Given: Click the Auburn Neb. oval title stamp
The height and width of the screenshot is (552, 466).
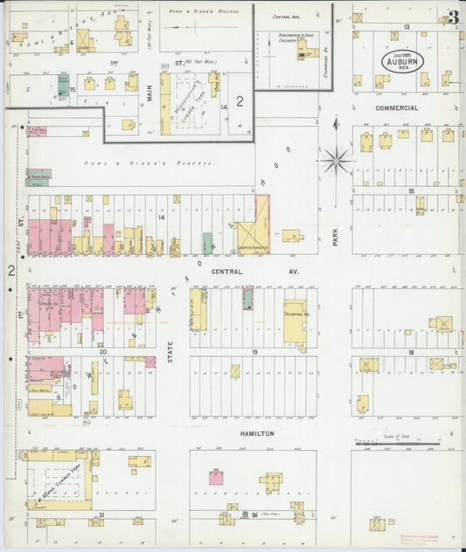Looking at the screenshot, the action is click(x=402, y=62).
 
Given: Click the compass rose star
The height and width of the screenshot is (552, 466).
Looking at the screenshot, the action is click(x=337, y=160).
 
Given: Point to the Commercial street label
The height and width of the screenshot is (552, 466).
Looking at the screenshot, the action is click(x=396, y=108).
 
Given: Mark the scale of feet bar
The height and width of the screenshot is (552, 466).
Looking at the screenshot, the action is click(x=397, y=443).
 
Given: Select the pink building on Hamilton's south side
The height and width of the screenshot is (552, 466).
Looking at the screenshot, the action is click(x=215, y=477).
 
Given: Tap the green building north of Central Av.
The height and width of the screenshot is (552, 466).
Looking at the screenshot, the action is click(x=207, y=243).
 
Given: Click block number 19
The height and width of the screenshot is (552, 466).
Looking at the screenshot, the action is click(x=254, y=351).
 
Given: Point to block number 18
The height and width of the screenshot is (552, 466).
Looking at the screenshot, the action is click(x=408, y=351).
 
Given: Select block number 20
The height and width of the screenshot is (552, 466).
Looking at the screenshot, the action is click(x=102, y=351).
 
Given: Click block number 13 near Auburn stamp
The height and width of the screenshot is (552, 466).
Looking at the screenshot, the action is click(x=407, y=27).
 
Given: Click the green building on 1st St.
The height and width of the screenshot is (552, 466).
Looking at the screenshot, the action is click(x=63, y=85).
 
